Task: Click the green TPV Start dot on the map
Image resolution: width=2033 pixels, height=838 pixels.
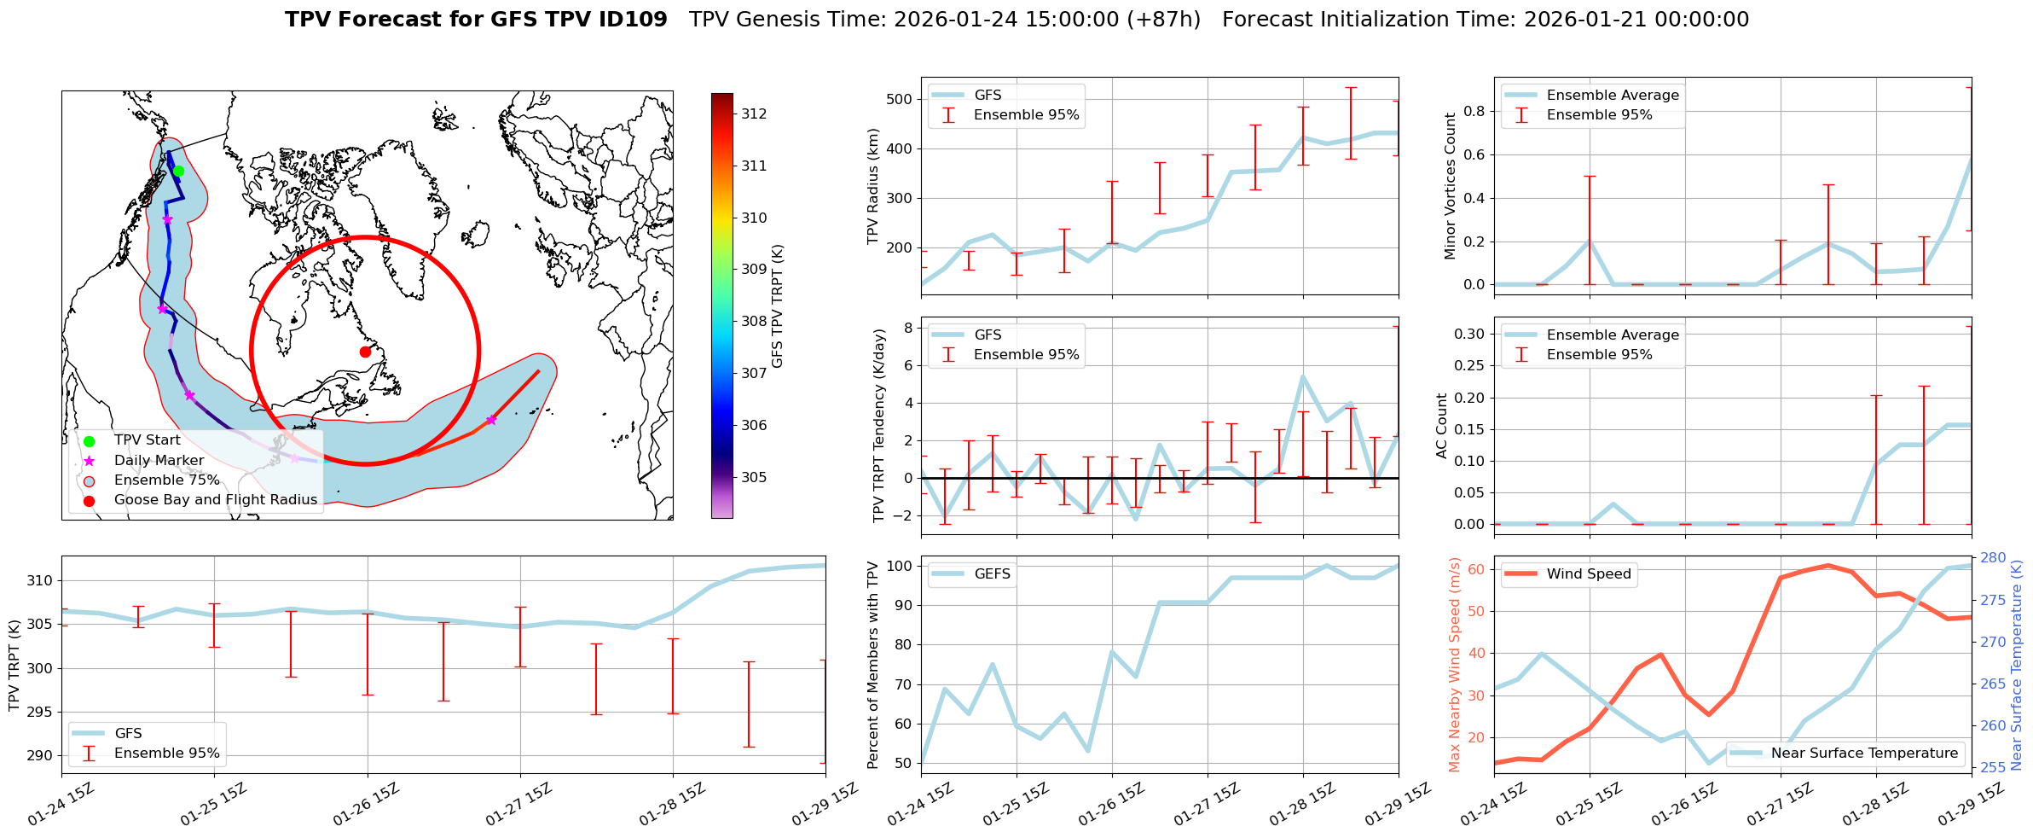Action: coord(178,172)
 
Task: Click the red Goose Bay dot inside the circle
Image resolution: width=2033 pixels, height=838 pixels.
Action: coord(365,352)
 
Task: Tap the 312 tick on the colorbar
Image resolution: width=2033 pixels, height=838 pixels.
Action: coord(753,113)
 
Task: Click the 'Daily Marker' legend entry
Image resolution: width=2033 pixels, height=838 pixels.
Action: coord(159,461)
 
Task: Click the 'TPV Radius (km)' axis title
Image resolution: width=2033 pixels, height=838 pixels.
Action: coord(872,186)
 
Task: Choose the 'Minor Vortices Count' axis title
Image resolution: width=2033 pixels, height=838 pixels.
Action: coord(1450,186)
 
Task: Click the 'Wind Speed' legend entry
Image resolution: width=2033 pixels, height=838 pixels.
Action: coord(1588,574)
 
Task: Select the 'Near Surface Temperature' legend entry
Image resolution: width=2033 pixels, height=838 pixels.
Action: coord(1863,754)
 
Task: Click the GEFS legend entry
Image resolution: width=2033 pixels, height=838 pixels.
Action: coord(992,574)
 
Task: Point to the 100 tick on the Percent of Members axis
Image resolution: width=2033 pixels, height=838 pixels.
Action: coord(901,566)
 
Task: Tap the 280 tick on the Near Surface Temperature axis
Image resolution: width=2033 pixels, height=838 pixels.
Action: coord(1993,558)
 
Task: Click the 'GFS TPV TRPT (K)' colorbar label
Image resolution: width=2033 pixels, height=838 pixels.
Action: coord(777,306)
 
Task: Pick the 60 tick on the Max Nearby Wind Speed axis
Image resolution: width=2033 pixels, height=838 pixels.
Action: coord(1475,570)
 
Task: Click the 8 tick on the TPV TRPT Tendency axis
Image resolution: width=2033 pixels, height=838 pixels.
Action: coord(908,329)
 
